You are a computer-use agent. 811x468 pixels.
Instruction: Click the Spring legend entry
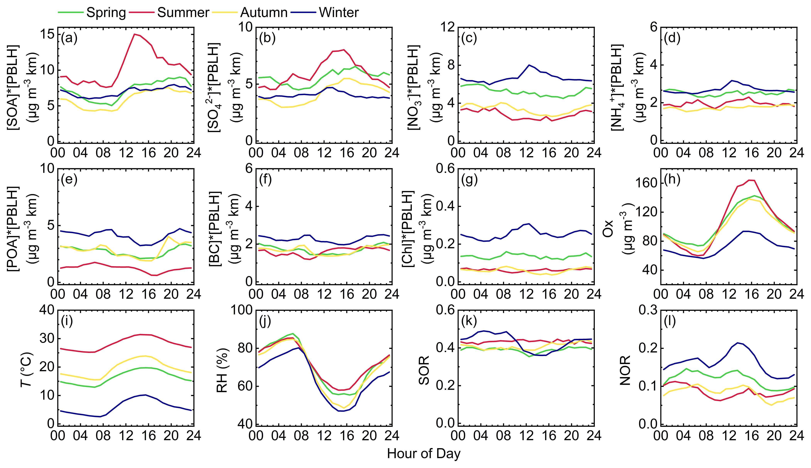(106, 13)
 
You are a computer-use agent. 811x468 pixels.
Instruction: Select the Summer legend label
(183, 13)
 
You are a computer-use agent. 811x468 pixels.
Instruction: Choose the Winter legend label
(338, 13)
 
